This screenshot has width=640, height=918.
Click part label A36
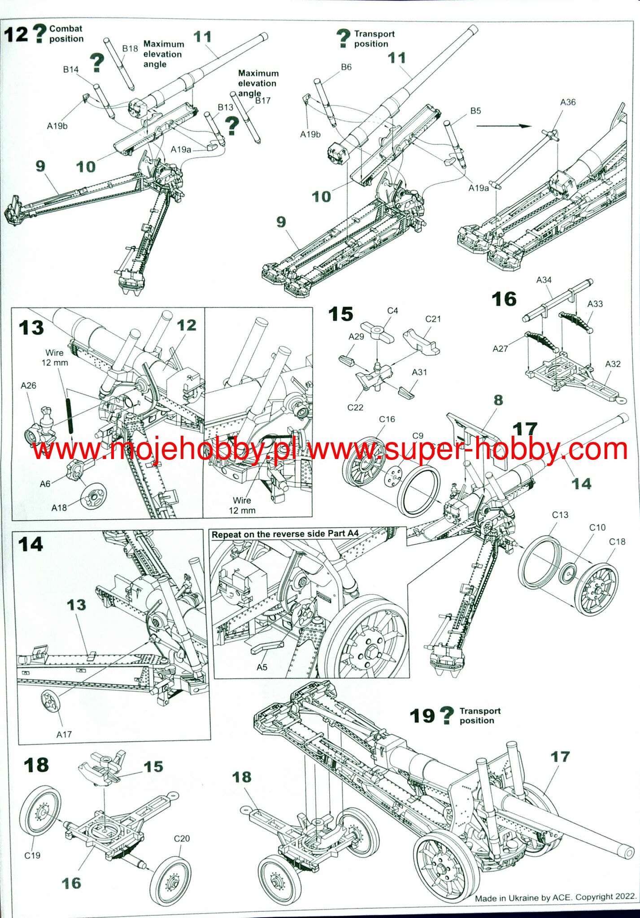(568, 102)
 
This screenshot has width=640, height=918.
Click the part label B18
(130, 48)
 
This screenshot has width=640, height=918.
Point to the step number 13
(31, 328)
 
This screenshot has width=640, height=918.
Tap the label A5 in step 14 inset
(261, 667)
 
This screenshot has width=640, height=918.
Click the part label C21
(433, 319)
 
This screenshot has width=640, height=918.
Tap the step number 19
(422, 716)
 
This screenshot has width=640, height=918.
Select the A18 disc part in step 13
(94, 497)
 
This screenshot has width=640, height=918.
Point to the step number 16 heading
(504, 299)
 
